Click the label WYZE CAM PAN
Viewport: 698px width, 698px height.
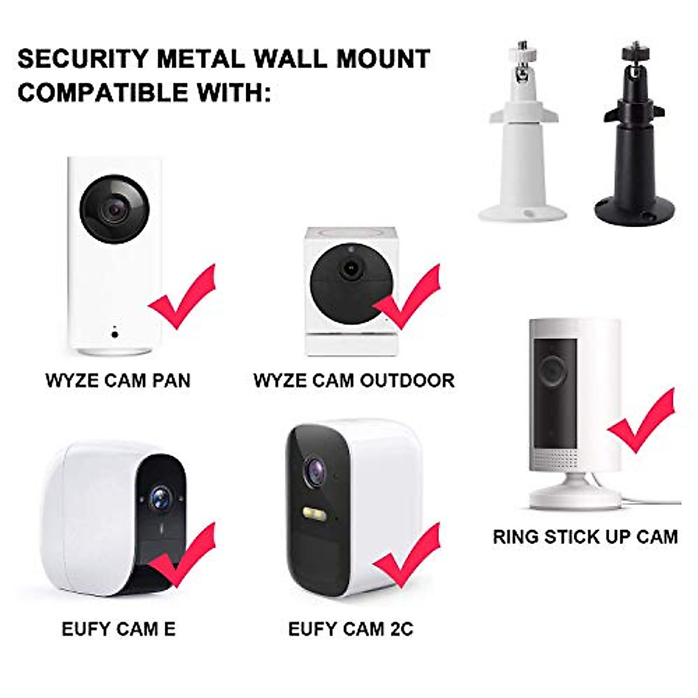point(118,380)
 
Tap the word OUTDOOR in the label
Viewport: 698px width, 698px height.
point(407,380)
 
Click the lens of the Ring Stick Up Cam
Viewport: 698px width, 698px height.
point(553,369)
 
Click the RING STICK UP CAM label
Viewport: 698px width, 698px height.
point(585,536)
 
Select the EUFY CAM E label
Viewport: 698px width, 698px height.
point(119,629)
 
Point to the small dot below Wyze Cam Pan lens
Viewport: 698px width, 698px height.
point(115,333)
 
